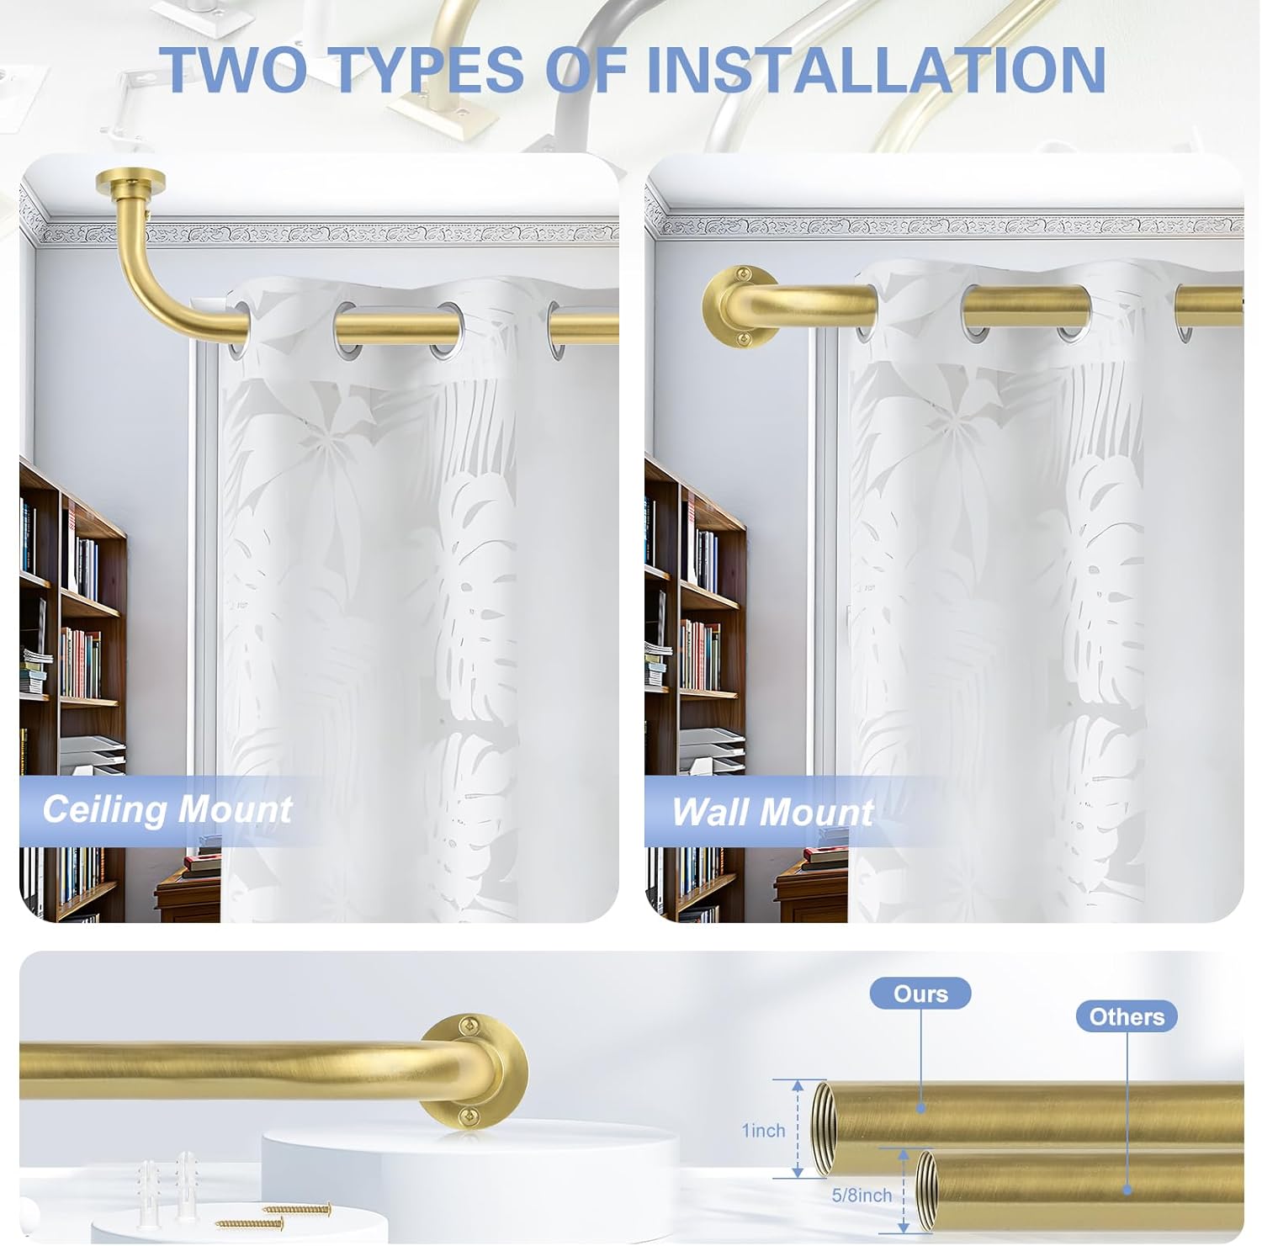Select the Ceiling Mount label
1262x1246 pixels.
pos(167,809)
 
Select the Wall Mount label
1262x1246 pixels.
pos(772,813)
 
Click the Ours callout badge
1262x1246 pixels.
pos(920,994)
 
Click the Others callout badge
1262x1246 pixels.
pos(1127,1016)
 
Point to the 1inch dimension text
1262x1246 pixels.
pos(763,1131)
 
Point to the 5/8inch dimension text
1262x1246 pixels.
pos(862,1195)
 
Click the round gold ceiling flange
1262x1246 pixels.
pos(130,181)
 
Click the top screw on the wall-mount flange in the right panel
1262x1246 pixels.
pos(743,273)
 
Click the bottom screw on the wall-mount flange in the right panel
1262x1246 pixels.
pos(743,339)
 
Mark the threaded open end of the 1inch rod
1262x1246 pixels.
pos(820,1129)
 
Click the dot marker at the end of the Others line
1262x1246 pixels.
pos(1127,1190)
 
